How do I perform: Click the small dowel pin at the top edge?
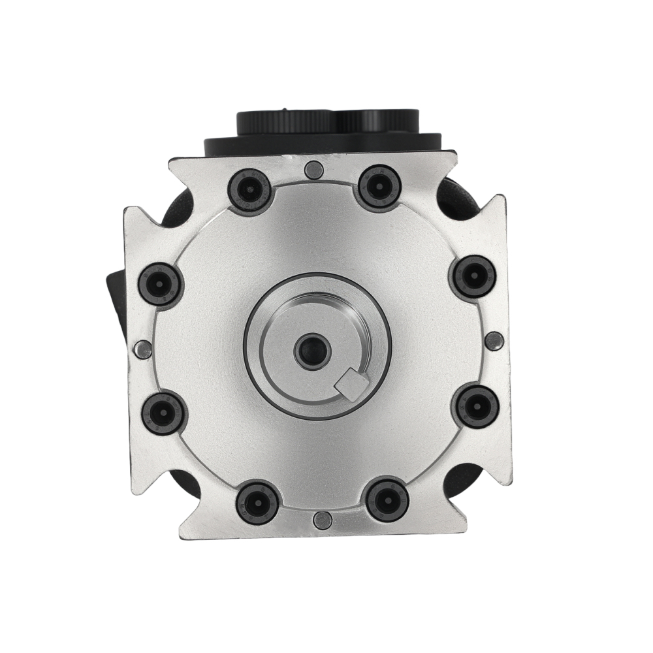313,170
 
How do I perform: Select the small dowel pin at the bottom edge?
321,520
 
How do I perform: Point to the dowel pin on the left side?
143,350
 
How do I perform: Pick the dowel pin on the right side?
494,340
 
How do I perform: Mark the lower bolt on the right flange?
475,406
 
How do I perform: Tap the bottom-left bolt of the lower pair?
257,502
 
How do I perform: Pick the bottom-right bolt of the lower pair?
387,500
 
